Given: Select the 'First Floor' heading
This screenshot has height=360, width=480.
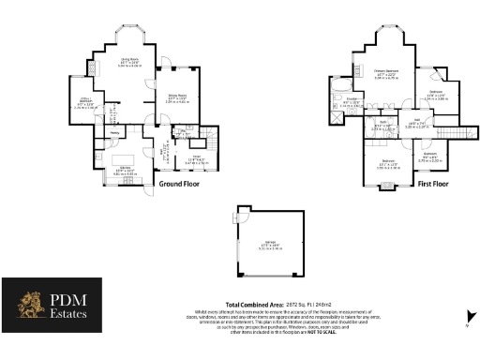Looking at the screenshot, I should (x=427, y=185).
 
